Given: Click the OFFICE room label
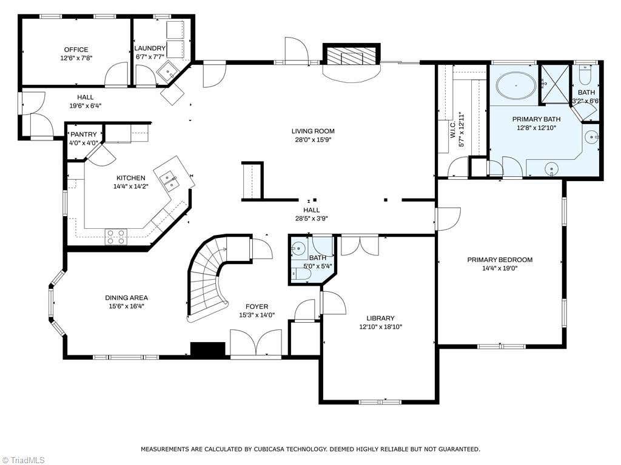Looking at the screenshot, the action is click(76, 50).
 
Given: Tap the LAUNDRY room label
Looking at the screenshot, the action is click(150, 48).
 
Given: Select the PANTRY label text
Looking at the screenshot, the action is click(84, 134).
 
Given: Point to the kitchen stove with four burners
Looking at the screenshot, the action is click(116, 237).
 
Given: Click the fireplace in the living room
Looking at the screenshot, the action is click(351, 54).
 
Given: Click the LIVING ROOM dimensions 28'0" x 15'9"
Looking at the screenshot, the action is click(313, 140).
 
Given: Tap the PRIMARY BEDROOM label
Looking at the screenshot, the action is click(500, 260).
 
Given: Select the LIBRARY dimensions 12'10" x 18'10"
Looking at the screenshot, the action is click(381, 327).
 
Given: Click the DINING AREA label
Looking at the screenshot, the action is click(126, 298).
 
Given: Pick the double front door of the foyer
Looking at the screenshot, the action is click(257, 343).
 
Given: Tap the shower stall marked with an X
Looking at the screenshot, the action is click(556, 84).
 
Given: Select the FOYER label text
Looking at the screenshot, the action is click(257, 306).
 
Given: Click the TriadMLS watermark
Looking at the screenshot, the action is click(23, 460).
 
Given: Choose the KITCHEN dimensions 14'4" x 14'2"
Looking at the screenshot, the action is click(131, 186).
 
